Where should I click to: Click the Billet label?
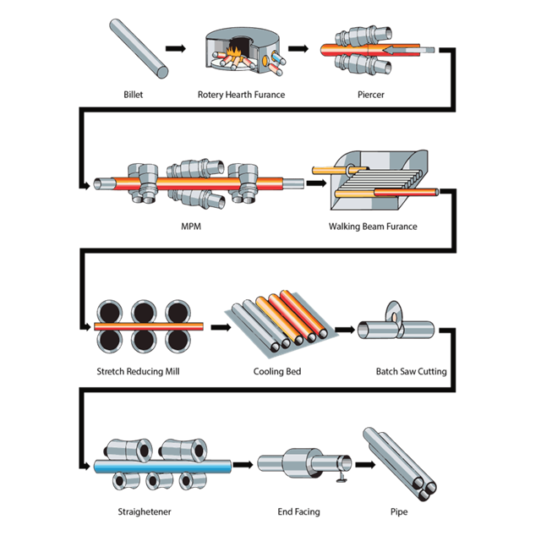[134, 95]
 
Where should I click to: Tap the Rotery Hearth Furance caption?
[241, 95]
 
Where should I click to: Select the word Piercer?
[371, 95]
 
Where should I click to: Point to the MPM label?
[191, 227]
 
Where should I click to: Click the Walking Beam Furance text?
[373, 227]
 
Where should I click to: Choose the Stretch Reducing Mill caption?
[138, 372]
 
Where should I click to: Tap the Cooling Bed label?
[277, 372]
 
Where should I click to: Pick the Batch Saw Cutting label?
[412, 372]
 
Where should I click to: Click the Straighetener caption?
[145, 511]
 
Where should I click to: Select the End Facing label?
[298, 511]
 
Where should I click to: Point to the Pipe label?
[399, 511]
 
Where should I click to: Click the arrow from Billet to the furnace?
[176, 49]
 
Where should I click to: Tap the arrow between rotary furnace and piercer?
[298, 49]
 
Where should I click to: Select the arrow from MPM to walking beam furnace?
[316, 183]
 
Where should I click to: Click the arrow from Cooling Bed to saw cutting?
[345, 330]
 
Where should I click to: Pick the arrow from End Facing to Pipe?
[365, 465]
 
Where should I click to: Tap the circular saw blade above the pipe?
[394, 314]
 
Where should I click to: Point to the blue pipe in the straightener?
[162, 467]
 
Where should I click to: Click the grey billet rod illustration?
[139, 48]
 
